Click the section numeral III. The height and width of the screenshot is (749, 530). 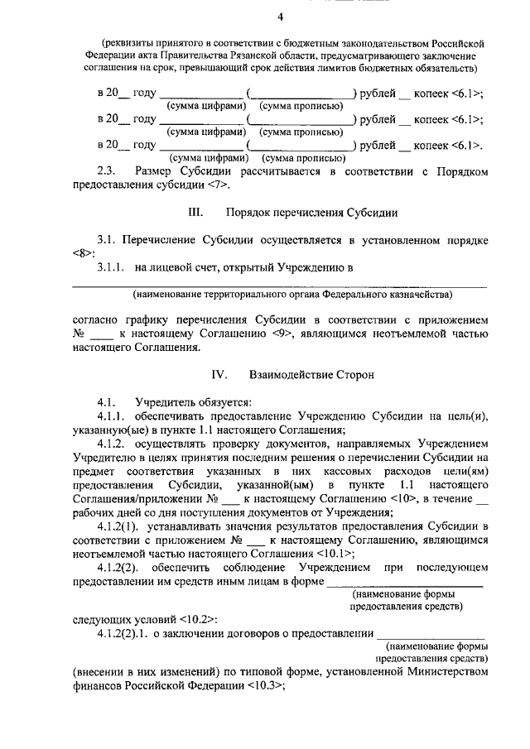(196, 213)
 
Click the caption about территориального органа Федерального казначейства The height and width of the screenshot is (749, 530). (294, 294)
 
